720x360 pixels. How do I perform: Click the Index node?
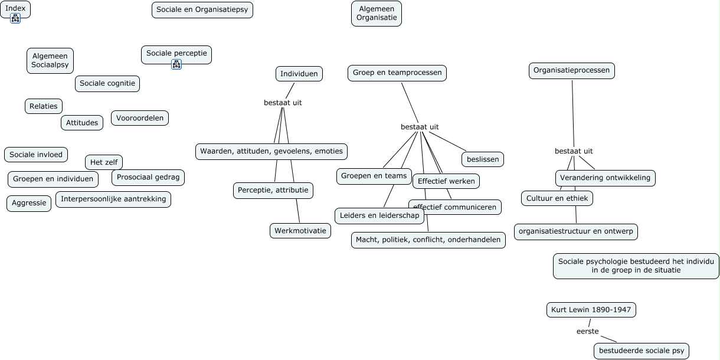[15, 9]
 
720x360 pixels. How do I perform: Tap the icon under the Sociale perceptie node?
[176, 64]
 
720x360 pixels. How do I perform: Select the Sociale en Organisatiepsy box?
[202, 10]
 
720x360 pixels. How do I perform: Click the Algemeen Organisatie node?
[377, 14]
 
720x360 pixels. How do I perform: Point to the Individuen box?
[299, 74]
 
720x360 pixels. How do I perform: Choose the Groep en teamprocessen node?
[397, 73]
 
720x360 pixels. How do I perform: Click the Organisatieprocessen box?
[571, 71]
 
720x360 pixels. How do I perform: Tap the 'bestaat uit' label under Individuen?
[283, 103]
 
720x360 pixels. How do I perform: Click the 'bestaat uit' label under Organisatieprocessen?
[574, 151]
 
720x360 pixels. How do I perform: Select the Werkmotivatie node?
[300, 231]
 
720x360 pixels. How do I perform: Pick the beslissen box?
[483, 159]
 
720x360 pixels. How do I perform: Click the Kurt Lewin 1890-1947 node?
[591, 310]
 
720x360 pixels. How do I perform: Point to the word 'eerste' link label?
[588, 332]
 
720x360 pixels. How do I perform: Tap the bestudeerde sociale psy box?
[642, 351]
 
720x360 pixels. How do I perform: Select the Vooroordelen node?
[140, 118]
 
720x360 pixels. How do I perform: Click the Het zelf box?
[104, 162]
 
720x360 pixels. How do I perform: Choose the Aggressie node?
[29, 204]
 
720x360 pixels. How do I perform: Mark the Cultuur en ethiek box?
[557, 198]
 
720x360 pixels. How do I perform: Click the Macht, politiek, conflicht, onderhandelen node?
[428, 240]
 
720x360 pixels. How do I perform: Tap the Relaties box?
[44, 106]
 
